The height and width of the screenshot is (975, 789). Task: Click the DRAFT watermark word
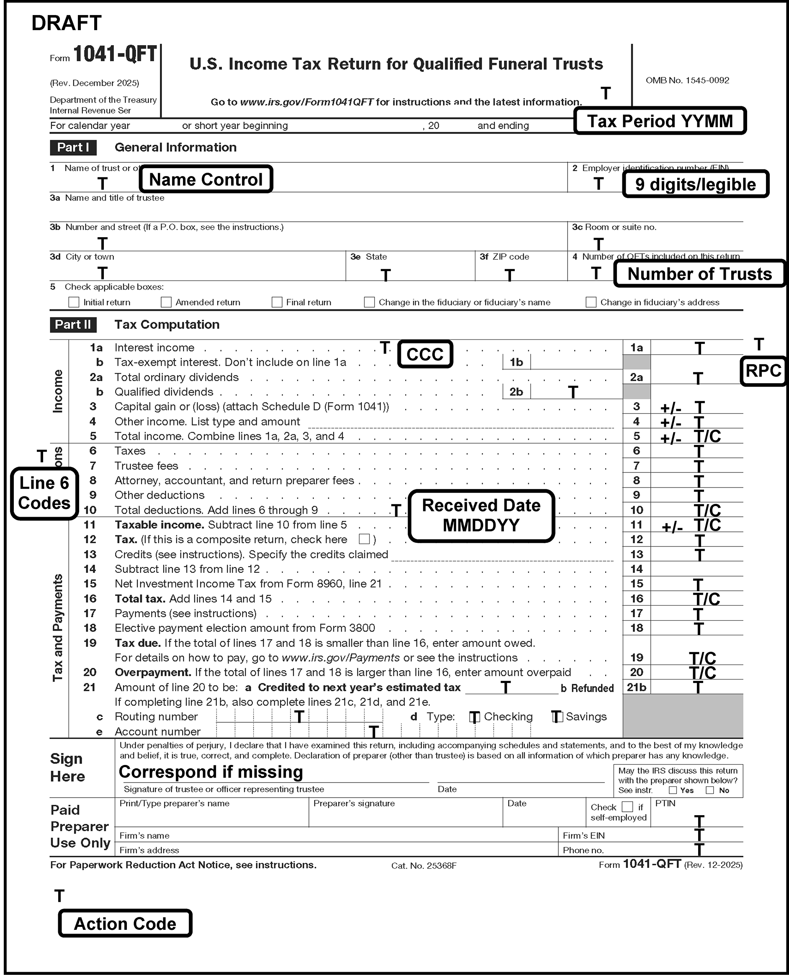tap(67, 23)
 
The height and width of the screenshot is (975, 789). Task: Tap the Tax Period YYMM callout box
tap(660, 121)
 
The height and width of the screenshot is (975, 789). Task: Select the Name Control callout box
tap(206, 180)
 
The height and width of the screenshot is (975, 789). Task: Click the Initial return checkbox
tap(74, 302)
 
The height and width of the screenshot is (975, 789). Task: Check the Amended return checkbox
tap(166, 302)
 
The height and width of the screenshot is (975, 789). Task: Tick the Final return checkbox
tap(277, 302)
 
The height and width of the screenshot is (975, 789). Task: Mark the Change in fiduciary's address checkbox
tap(591, 302)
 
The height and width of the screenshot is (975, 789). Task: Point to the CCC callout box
tap(425, 354)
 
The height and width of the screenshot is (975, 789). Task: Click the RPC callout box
tap(763, 371)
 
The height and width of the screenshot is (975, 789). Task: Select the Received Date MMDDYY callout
tap(481, 515)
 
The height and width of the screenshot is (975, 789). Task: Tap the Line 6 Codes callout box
tap(44, 493)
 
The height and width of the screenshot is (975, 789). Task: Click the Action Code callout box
tap(125, 924)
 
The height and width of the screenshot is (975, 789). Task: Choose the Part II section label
tap(73, 324)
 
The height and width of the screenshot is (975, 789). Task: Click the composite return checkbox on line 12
tap(364, 539)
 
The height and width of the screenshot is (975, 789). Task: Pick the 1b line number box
tap(517, 362)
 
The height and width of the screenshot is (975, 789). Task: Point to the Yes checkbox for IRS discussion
tap(673, 790)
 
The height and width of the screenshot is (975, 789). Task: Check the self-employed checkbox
tap(627, 806)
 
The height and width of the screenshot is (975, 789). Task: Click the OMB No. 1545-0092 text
tap(687, 80)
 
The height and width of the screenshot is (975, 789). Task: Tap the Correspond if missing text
tap(211, 772)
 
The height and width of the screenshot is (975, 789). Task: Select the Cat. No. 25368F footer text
tap(424, 865)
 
